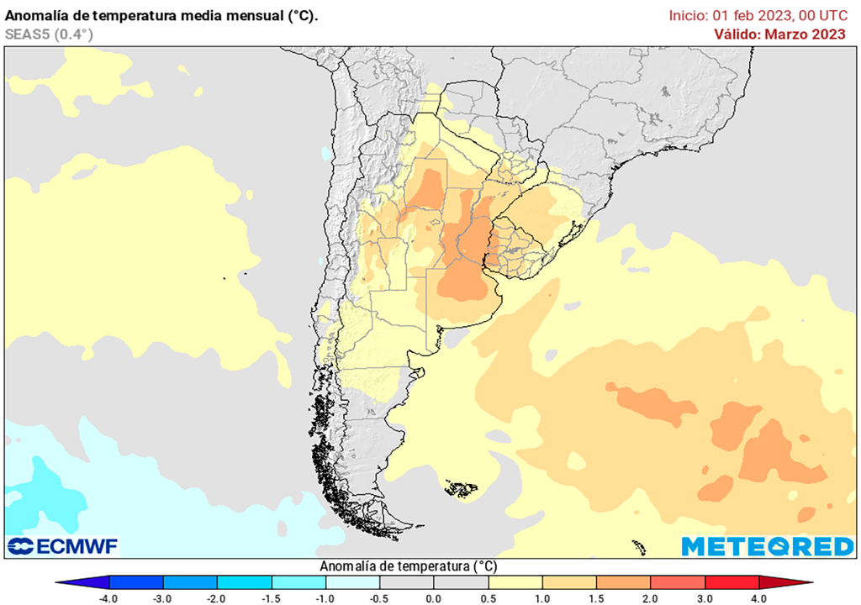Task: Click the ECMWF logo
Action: (x=63, y=546)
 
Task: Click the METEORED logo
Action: (x=767, y=546)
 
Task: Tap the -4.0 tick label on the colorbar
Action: (x=108, y=598)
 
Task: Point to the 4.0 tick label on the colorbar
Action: (x=759, y=598)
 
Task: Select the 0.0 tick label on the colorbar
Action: (x=433, y=598)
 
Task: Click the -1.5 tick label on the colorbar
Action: (x=271, y=598)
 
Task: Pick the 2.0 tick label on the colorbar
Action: (x=650, y=598)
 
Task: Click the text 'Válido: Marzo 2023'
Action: (x=779, y=34)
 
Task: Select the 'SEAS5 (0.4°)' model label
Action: (x=49, y=34)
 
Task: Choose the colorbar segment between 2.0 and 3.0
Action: (x=678, y=582)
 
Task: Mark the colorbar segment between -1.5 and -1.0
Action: (x=298, y=582)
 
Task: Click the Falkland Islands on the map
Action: (x=461, y=488)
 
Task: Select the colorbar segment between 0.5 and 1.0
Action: (x=515, y=582)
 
